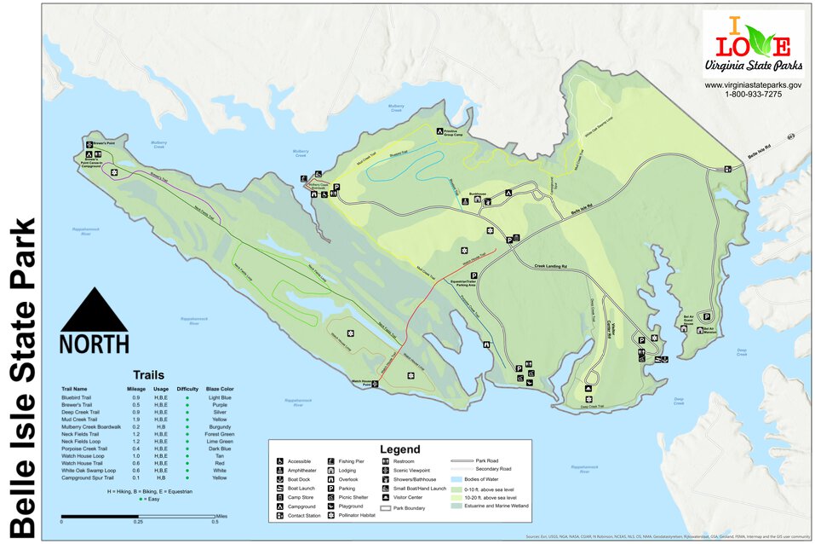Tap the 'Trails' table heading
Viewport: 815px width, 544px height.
[148, 374]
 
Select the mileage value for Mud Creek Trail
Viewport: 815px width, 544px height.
[136, 420]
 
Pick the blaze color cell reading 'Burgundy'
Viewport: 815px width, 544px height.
[219, 426]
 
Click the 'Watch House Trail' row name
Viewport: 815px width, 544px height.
[83, 463]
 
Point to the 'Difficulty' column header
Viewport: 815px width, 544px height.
[187, 389]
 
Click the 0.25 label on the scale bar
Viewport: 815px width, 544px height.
[137, 521]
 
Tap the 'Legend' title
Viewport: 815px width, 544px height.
[399, 449]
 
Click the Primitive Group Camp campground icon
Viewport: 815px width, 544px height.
[440, 131]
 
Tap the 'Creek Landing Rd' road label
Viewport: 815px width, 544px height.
[552, 267]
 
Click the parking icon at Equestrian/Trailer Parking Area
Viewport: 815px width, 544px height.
[474, 275]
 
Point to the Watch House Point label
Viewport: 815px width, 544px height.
[356, 385]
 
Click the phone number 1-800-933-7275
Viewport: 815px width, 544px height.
[753, 94]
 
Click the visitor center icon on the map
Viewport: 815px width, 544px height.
[516, 238]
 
